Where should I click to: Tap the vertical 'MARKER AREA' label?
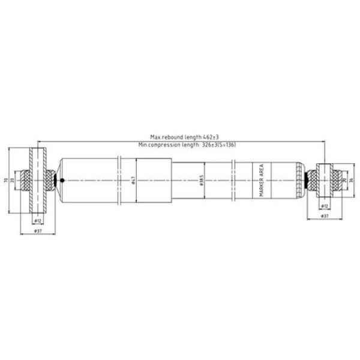click(261, 181)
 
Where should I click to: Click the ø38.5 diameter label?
click(202, 181)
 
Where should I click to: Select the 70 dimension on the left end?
click(5, 180)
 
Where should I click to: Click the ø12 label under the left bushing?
click(37, 221)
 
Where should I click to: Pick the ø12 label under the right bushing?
click(325, 206)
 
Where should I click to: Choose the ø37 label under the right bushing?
click(325, 215)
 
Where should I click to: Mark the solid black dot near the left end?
click(61, 180)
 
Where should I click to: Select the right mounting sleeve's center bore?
click(325, 180)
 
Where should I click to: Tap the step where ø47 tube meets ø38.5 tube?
click(173, 180)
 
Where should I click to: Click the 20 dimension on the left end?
click(13, 180)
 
